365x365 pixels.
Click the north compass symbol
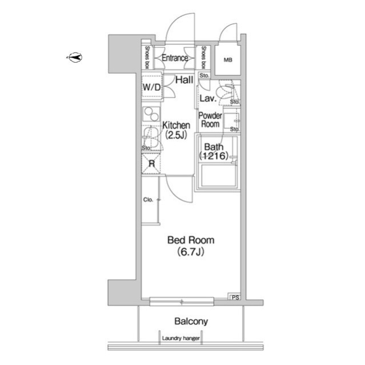click(x=75, y=57)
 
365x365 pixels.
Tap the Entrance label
click(x=175, y=58)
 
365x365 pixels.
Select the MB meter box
click(x=228, y=60)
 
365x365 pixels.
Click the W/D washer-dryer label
click(x=151, y=87)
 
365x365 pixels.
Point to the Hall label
click(x=184, y=80)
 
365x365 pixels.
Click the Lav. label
click(x=208, y=99)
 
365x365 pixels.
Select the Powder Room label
click(x=210, y=120)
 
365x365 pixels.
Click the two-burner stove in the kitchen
click(x=151, y=114)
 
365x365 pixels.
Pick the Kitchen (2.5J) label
click(x=176, y=130)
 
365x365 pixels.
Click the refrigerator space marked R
click(x=151, y=164)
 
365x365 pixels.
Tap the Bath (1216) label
click(x=214, y=151)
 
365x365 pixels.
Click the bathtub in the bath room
click(x=218, y=175)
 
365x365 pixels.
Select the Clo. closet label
click(x=148, y=200)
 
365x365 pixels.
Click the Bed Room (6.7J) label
click(x=191, y=246)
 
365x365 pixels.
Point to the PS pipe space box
click(x=235, y=297)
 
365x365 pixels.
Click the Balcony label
click(x=191, y=321)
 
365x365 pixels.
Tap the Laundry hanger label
click(x=181, y=338)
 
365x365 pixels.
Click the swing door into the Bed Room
click(x=179, y=189)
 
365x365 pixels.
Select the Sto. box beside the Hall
click(x=204, y=75)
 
